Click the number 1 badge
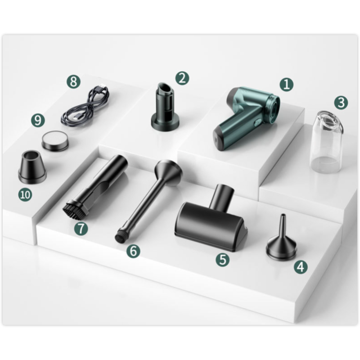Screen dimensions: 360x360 [287, 84]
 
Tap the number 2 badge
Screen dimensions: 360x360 [182, 78]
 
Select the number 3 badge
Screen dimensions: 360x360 [341, 103]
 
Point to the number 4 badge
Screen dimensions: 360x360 [301, 267]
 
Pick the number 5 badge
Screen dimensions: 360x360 [222, 260]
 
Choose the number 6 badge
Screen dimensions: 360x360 [133, 251]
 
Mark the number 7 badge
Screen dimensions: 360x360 [81, 229]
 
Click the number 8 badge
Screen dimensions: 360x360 [74, 81]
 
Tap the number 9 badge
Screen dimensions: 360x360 [38, 120]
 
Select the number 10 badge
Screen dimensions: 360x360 [25, 195]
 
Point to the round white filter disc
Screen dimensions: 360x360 [55, 142]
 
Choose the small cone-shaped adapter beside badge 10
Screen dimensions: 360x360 [32, 167]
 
